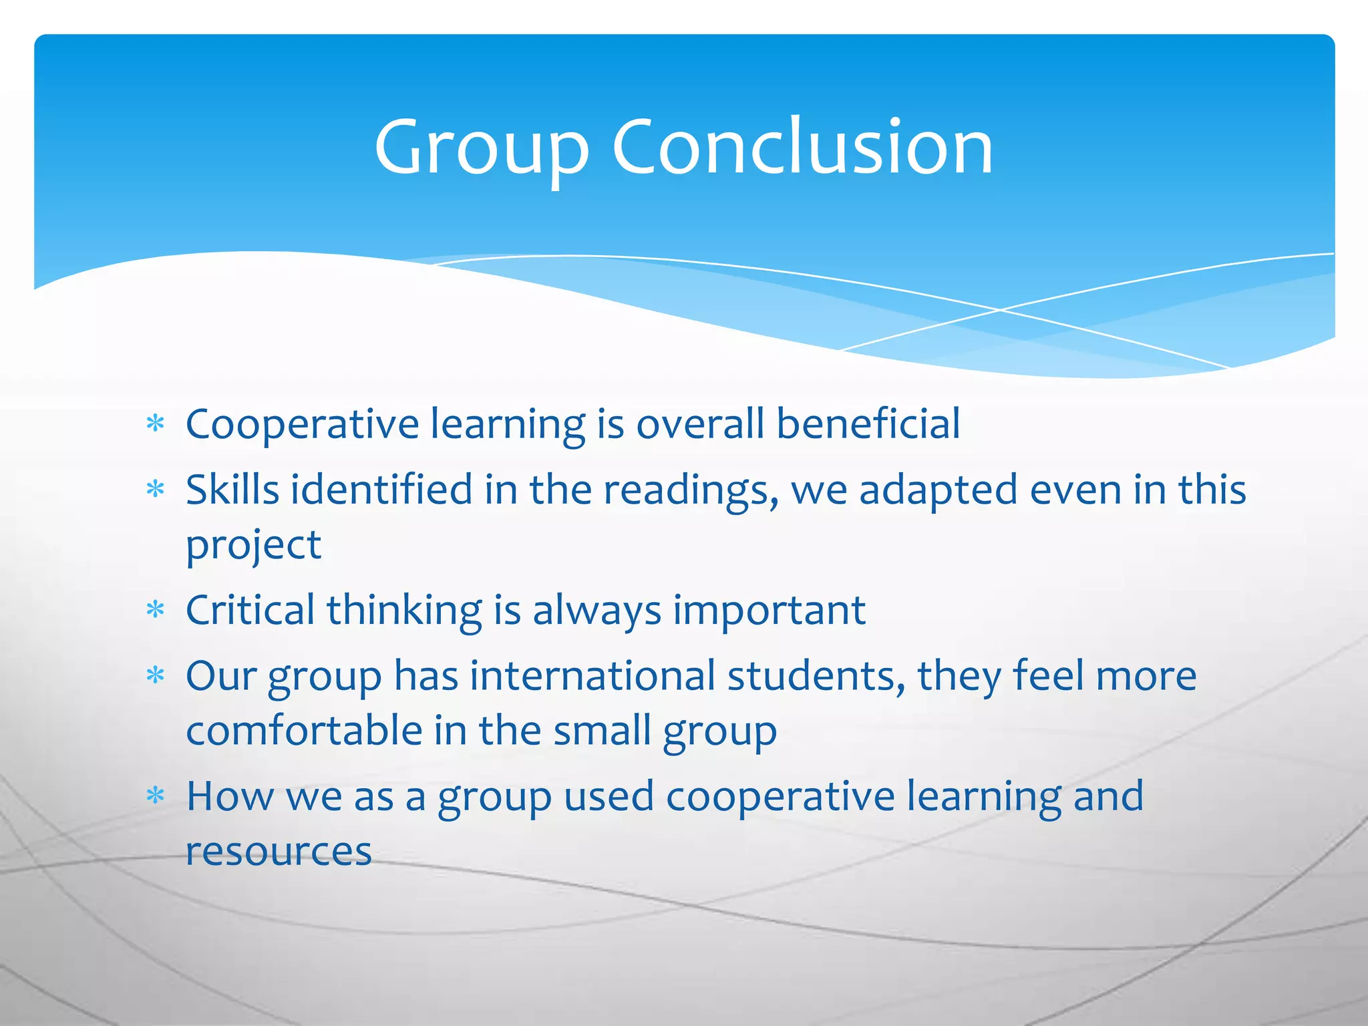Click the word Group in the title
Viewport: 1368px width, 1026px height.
[481, 148]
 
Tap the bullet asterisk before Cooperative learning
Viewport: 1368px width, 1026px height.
[155, 423]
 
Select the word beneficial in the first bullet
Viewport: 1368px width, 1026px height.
[868, 423]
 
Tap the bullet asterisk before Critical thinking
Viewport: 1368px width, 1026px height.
[155, 610]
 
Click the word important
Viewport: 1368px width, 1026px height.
[769, 610]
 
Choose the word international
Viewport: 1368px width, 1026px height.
[592, 675]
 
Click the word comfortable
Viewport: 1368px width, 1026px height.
[304, 730]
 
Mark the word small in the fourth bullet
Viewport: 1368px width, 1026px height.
[602, 730]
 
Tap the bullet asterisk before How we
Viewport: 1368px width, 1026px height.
[155, 796]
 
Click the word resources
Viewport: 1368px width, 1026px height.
[279, 851]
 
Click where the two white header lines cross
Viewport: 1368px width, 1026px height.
[1000, 309]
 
